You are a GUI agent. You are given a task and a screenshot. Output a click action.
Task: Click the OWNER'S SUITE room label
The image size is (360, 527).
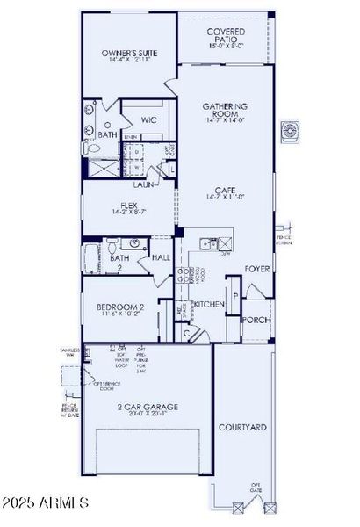(128, 54)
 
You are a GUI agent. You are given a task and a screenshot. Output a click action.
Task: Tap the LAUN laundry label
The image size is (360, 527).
(144, 185)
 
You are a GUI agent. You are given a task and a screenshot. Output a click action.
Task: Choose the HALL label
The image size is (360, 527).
(161, 258)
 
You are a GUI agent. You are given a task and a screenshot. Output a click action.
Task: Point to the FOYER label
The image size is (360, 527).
(256, 269)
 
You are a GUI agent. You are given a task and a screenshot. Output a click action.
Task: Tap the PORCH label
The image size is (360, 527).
(256, 321)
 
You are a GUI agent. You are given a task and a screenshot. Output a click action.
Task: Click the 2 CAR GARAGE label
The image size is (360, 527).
(148, 407)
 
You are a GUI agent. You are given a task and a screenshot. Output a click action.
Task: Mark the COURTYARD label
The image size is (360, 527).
(242, 427)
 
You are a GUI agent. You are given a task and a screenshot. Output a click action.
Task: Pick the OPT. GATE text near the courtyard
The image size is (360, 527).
(256, 487)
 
